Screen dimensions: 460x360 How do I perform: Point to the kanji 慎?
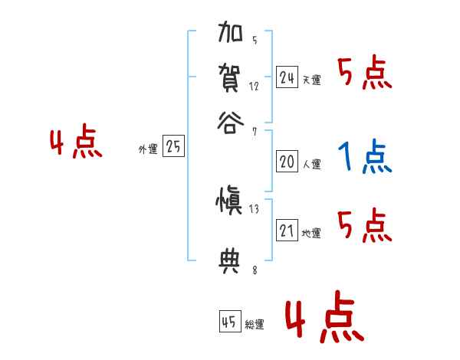(232, 201)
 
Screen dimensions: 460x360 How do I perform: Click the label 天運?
(311, 80)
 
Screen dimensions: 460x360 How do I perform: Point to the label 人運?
(311, 164)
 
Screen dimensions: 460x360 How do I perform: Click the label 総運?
(255, 325)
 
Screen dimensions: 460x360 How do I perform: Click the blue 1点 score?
(364, 157)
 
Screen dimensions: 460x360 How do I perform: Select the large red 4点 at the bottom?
(324, 319)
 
